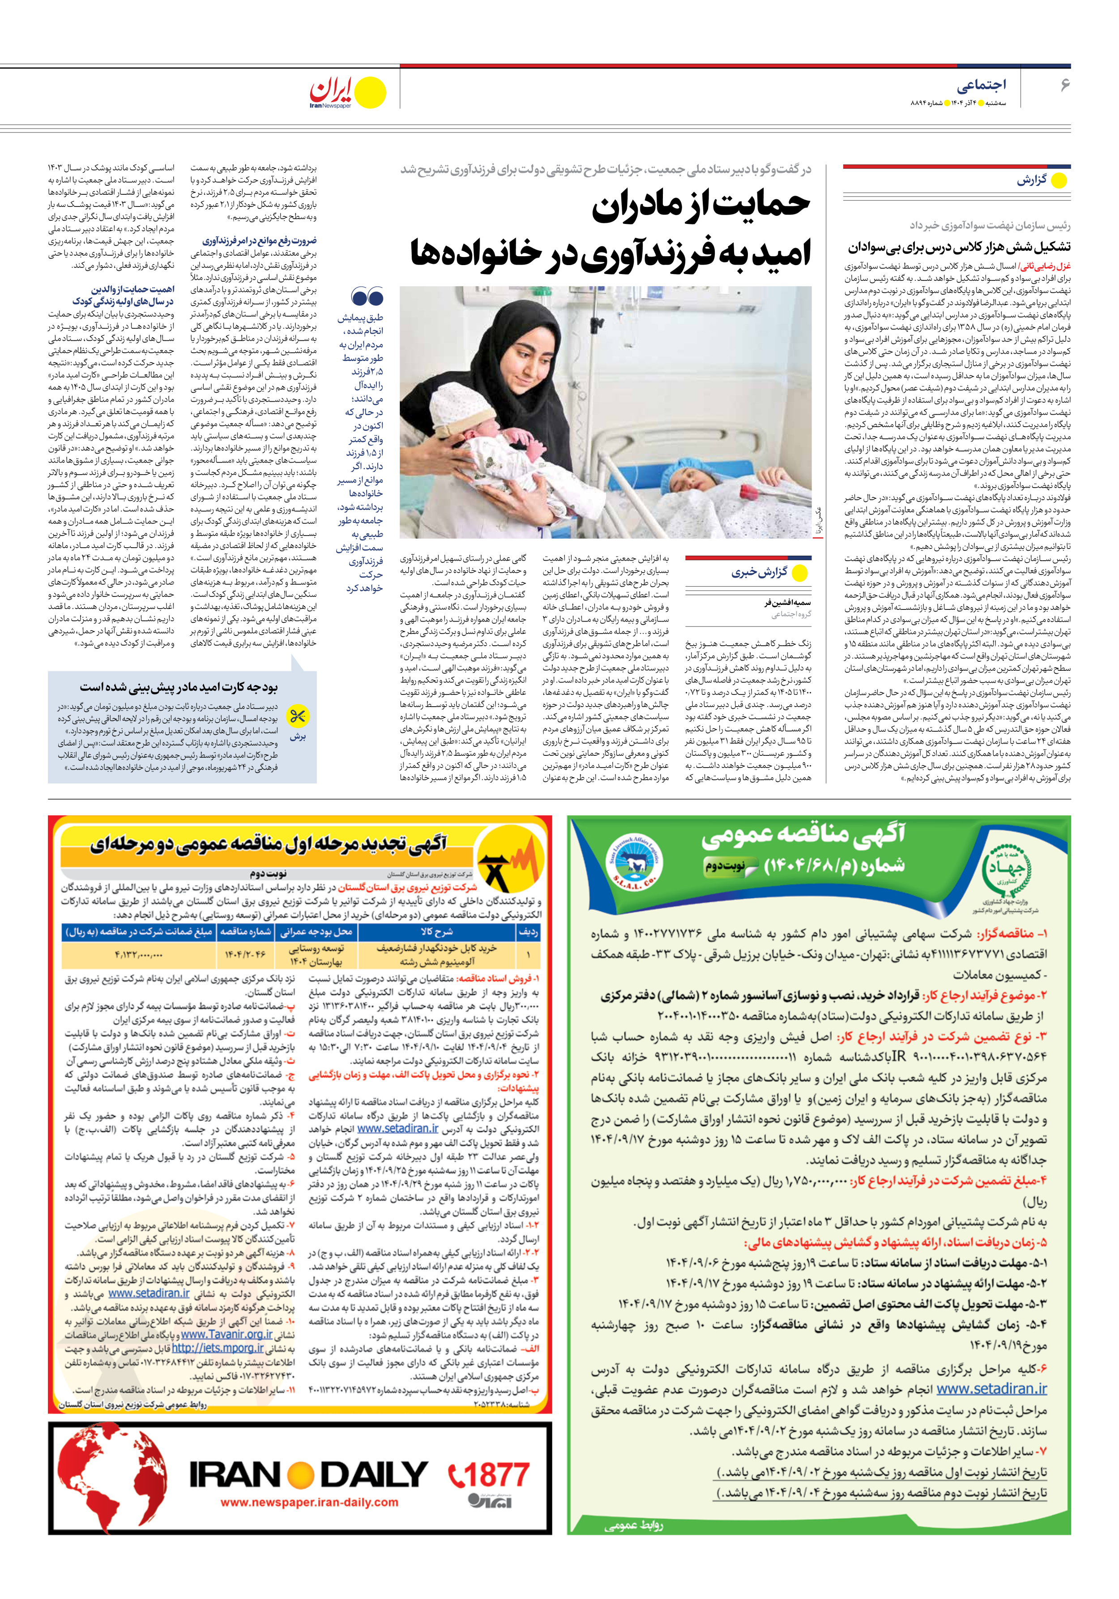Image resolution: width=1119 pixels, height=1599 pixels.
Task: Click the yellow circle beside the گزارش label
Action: pyautogui.click(x=1059, y=181)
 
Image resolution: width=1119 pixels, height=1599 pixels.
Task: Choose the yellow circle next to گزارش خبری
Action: pyautogui.click(x=800, y=573)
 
